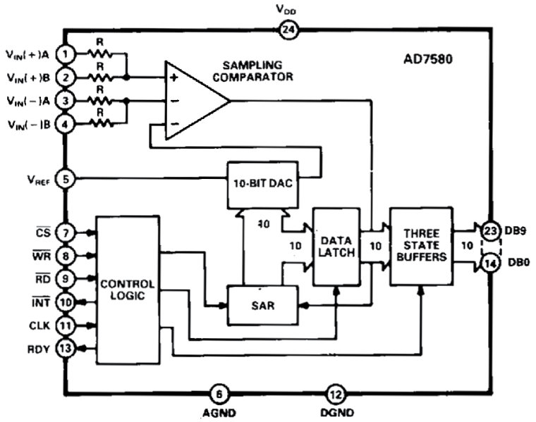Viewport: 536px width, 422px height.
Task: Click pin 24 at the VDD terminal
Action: (x=288, y=30)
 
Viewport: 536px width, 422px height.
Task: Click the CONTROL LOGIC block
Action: (x=127, y=289)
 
